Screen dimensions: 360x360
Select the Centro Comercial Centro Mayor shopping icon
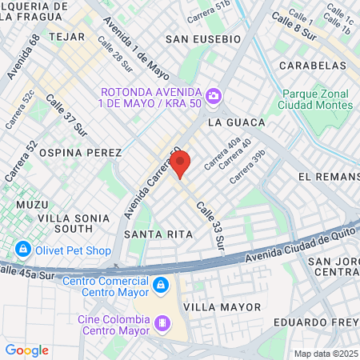pyautogui.click(x=161, y=284)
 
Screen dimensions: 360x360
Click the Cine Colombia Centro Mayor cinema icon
pyautogui.click(x=163, y=323)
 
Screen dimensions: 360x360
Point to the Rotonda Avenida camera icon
pyautogui.click(x=214, y=97)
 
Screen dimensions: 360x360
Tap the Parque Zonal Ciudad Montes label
pyautogui.click(x=316, y=98)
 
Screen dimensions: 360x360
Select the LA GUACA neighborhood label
pyautogui.click(x=236, y=123)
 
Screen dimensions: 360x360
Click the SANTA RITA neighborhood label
pyautogui.click(x=158, y=234)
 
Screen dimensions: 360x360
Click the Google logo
pyautogui.click(x=26, y=350)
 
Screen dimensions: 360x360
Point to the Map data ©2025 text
pyautogui.click(x=326, y=354)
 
